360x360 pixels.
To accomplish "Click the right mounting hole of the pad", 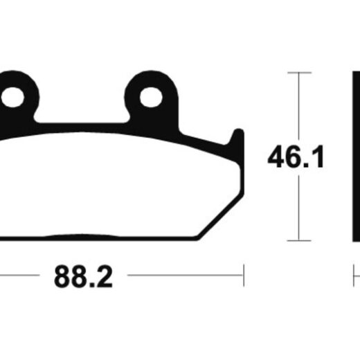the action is (x=151, y=97).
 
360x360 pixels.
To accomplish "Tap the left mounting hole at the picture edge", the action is (x=12, y=97).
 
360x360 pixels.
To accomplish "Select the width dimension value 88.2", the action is (x=83, y=277).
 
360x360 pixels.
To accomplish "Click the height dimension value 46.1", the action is (x=296, y=157).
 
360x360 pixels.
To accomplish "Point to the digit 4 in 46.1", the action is (x=277, y=157).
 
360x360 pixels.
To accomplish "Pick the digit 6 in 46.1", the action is (x=296, y=157).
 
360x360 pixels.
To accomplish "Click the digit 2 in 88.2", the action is (x=104, y=277).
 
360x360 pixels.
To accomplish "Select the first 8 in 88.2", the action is (x=62, y=277).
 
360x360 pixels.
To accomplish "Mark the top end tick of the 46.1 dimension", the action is (x=299, y=73).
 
